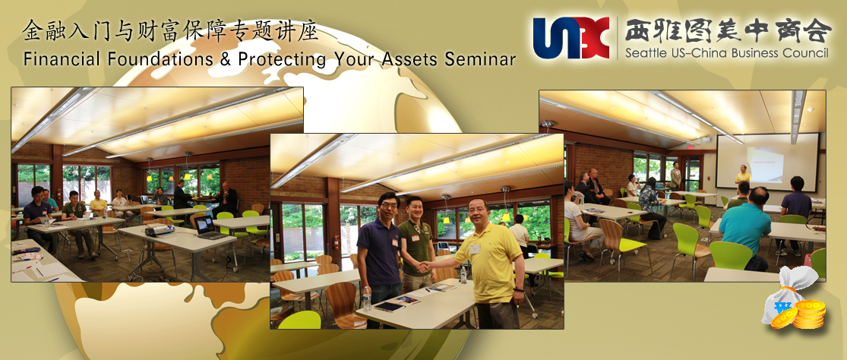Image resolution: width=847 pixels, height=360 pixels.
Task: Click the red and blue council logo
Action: (571, 38)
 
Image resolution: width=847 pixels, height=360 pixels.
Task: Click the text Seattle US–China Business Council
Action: (726, 53)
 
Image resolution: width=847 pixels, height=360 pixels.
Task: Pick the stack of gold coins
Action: (809, 314)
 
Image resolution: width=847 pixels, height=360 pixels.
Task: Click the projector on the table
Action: (160, 230)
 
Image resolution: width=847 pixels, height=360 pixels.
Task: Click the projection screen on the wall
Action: (767, 162)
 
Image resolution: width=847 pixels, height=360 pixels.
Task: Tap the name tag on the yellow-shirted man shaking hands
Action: (474, 249)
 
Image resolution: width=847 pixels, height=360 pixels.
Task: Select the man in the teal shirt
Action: (747, 229)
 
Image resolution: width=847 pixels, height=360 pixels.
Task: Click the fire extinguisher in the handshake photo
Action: (336, 242)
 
